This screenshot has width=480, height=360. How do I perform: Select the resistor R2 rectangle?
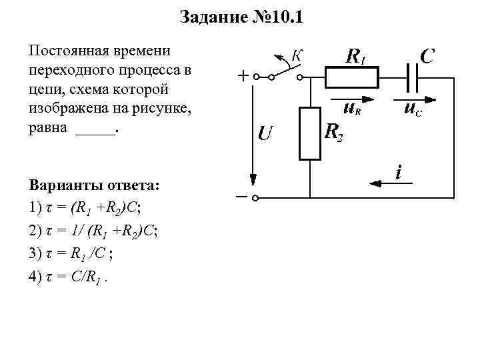[x=310, y=133]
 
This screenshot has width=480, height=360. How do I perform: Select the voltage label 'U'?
[x=265, y=134]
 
